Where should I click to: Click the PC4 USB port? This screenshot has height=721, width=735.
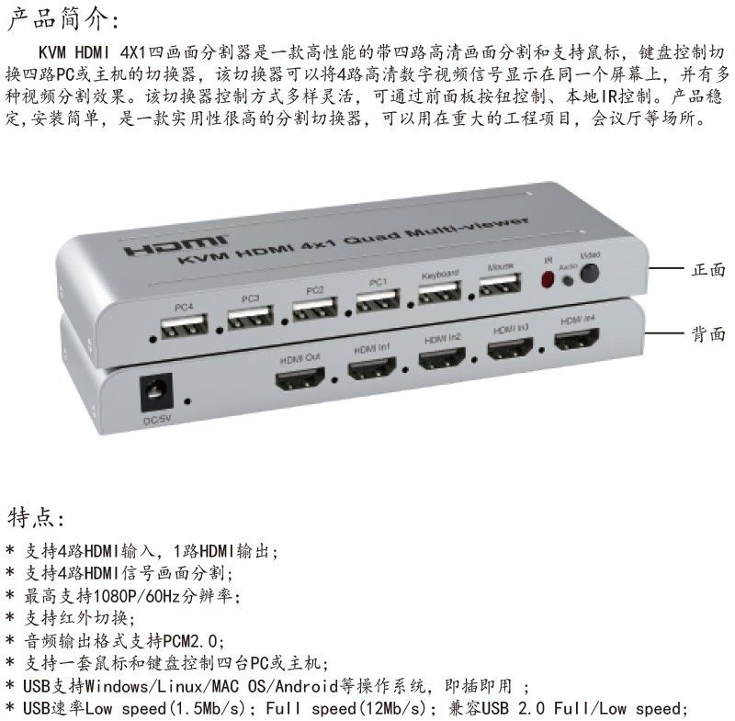point(184,326)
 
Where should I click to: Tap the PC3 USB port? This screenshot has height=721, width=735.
point(250,317)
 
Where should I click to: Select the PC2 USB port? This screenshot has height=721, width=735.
point(315,309)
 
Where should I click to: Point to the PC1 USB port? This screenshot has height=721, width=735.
point(378,300)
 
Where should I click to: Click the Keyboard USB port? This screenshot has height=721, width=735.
point(440,292)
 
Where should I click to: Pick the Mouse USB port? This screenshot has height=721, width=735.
point(500,284)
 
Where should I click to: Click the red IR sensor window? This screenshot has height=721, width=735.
point(547,279)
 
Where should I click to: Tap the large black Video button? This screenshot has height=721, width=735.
point(589,273)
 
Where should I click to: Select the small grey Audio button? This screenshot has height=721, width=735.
point(568,281)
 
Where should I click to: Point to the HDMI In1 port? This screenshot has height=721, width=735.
point(372,368)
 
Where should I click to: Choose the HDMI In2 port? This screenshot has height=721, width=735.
point(442,358)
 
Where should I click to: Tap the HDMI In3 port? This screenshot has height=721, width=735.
point(510,348)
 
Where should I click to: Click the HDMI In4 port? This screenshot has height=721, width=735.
point(577,339)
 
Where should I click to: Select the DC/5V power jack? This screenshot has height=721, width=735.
point(156,392)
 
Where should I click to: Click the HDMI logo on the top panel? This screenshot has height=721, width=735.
point(176,245)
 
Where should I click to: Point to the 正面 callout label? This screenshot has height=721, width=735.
point(708,269)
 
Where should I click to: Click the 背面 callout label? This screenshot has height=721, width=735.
point(708,334)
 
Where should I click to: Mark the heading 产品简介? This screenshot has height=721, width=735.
point(63,18)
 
